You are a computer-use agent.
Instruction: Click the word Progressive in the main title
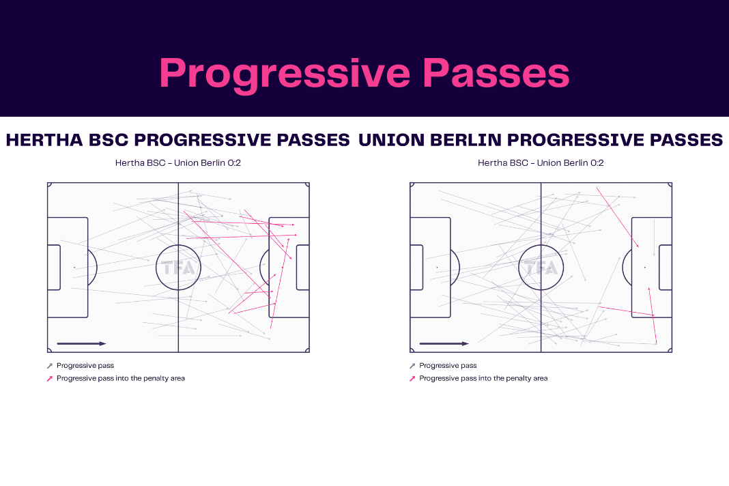click(x=285, y=74)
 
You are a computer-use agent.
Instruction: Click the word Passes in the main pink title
click(x=496, y=74)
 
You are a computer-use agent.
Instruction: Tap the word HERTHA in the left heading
click(x=44, y=140)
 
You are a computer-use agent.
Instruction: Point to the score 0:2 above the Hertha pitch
click(x=234, y=162)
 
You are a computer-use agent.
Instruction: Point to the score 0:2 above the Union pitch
click(x=597, y=162)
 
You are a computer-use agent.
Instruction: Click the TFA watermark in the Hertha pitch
click(x=179, y=268)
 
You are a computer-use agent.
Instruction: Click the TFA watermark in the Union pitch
click(x=541, y=268)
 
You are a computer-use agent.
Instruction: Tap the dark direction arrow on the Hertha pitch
click(x=81, y=344)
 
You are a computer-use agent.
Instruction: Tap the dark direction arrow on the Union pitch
click(x=444, y=344)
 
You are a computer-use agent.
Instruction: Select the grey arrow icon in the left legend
click(x=50, y=366)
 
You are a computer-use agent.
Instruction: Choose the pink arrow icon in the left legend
click(x=50, y=379)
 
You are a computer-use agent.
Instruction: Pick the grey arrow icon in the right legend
click(x=412, y=366)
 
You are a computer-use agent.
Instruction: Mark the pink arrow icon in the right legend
click(x=412, y=379)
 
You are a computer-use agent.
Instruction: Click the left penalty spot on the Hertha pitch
click(x=74, y=268)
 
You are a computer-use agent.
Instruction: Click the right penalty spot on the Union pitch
click(x=645, y=268)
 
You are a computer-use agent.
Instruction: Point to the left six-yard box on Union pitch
click(x=423, y=268)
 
